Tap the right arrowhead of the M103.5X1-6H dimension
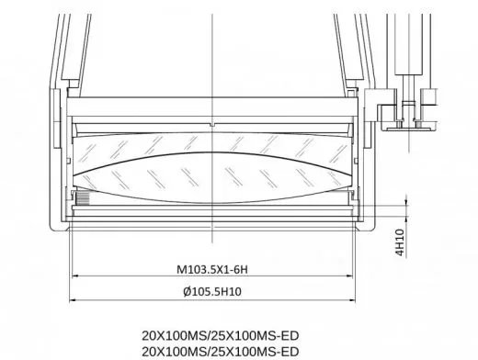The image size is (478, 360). (353, 278)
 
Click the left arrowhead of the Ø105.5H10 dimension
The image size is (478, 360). (71, 299)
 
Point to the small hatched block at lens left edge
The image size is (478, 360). (80, 197)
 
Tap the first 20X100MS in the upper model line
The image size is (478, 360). (163, 335)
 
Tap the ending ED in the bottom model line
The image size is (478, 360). (290, 352)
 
